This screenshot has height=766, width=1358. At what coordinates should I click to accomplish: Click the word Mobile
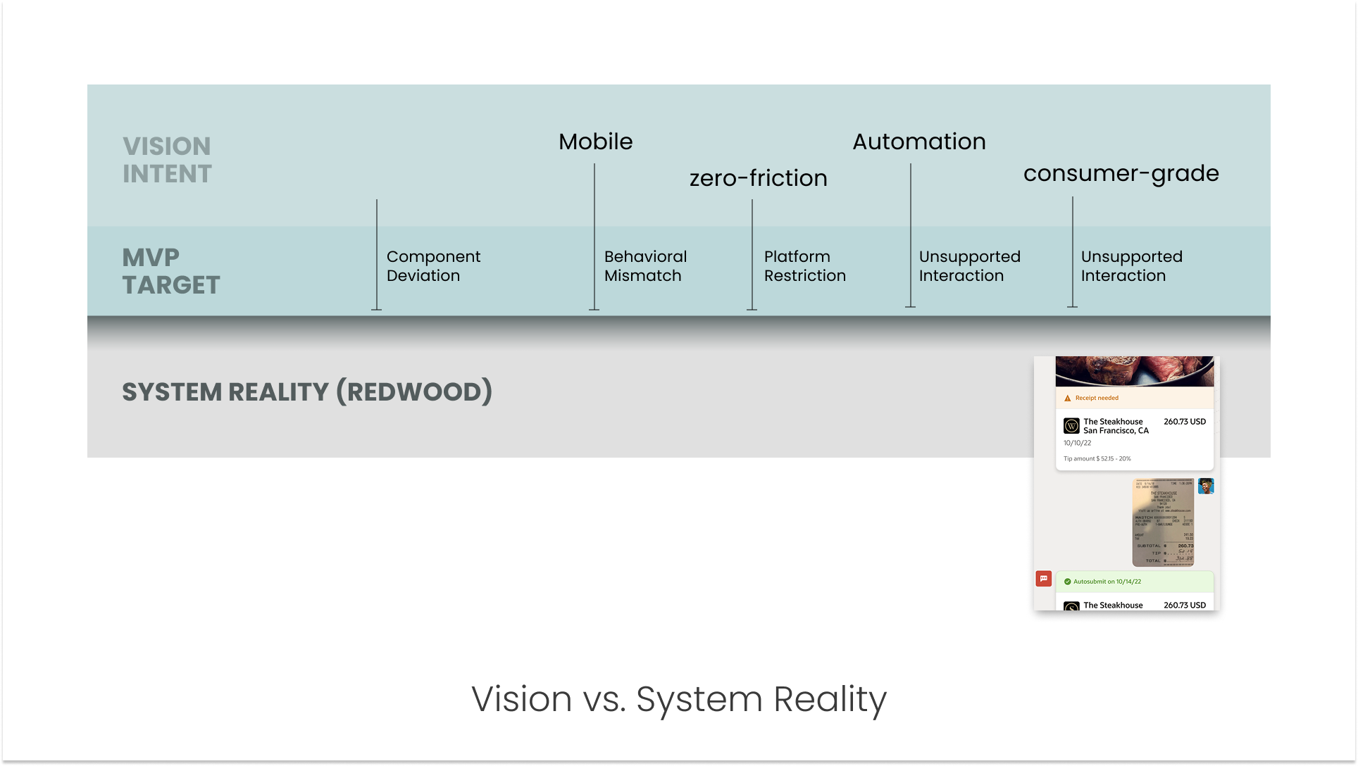[595, 142]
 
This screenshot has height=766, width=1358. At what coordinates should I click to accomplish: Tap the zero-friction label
[758, 178]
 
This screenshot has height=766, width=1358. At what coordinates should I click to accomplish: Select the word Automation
[918, 142]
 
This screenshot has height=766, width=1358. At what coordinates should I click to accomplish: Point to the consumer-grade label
[1121, 173]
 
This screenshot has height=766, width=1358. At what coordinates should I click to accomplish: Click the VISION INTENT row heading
[167, 160]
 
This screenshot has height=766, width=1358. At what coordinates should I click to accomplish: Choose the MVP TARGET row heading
[170, 271]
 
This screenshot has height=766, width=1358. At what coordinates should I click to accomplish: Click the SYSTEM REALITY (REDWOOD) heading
[307, 392]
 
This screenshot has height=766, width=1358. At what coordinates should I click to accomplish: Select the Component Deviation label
[433, 266]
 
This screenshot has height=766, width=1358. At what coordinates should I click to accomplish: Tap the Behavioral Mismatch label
[645, 266]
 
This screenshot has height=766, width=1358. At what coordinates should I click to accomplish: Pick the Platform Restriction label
[804, 266]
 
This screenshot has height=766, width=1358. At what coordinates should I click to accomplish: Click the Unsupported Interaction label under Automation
[969, 266]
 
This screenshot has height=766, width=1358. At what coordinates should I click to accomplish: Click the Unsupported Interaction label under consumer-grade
[1131, 266]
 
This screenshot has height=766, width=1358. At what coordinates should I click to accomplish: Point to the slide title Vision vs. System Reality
[678, 699]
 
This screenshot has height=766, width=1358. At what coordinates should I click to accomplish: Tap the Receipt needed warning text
[1096, 398]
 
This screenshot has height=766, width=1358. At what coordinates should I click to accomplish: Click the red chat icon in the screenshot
[1043, 579]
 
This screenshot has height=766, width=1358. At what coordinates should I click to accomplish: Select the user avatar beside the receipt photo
[1206, 486]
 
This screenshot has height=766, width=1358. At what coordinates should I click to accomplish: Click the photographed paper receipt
[1163, 522]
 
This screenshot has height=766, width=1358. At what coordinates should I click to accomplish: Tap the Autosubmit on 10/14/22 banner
[1107, 582]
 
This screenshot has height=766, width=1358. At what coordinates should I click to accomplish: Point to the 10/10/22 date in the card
[1077, 444]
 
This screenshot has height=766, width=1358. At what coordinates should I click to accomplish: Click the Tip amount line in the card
[1097, 459]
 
